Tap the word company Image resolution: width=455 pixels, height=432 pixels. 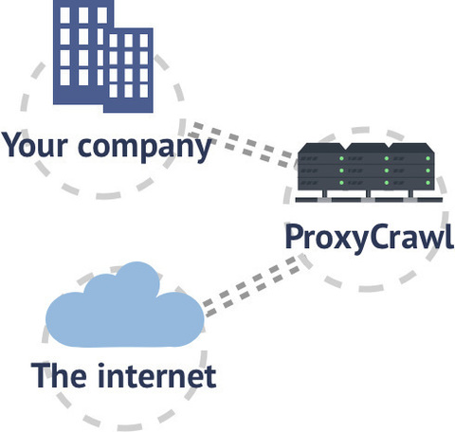point(144,149)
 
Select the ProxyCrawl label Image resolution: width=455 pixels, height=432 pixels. point(369,238)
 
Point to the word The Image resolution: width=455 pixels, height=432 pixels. point(59,375)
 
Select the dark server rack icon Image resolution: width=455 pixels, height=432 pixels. point(368,172)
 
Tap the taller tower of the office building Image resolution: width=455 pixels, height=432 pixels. point(82,52)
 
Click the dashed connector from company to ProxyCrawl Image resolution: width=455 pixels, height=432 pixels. point(241,144)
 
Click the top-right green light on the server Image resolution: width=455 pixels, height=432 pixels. point(428,158)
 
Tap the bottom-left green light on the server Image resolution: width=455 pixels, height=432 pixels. point(341,183)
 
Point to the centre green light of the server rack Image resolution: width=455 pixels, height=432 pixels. point(386,171)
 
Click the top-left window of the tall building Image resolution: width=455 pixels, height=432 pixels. point(64,15)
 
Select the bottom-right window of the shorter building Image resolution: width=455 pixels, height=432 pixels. point(144,91)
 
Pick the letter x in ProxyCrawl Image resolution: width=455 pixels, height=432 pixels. point(338,240)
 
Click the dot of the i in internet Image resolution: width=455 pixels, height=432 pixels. point(101,366)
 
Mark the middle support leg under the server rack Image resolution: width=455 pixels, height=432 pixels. point(368,193)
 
